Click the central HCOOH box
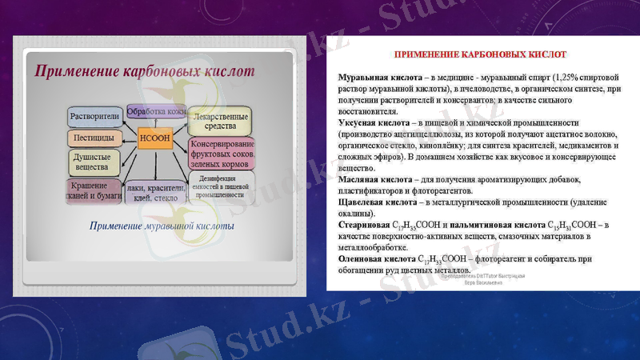coord(155,137)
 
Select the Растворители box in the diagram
coord(94,116)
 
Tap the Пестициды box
coord(94,138)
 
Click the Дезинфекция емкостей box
coord(222,186)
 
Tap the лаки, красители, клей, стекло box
coord(156,193)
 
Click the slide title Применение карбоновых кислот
coord(144,71)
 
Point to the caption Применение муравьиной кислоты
coord(162,226)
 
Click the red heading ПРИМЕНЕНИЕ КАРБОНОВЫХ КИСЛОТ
coord(480,54)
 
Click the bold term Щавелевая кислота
coord(374,203)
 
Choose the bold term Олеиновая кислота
coord(373,259)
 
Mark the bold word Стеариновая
coord(362,226)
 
